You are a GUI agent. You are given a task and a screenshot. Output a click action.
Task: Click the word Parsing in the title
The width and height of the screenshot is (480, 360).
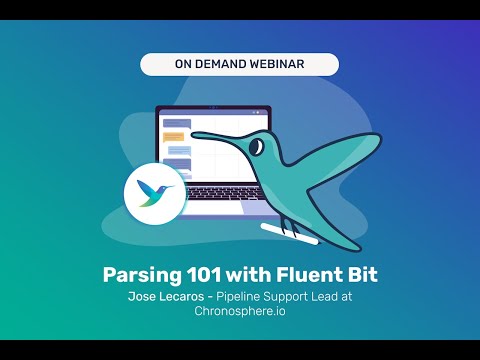point(140,275)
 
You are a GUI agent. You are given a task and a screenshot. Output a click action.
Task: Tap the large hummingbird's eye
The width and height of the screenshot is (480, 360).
point(257,147)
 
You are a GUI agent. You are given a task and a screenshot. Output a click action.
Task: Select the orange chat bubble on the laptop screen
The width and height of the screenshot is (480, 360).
point(173,135)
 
